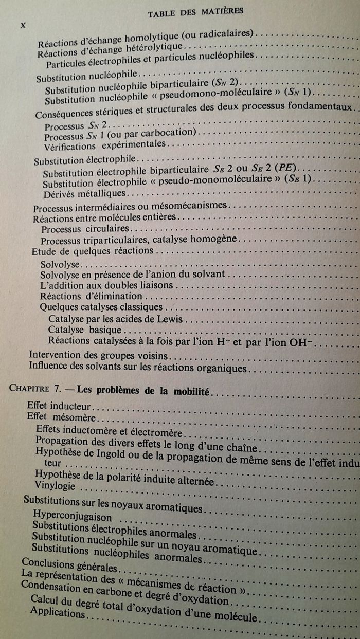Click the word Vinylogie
(55, 485)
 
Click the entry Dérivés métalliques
(84, 193)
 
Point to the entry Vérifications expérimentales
(105, 145)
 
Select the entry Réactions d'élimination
(91, 296)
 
